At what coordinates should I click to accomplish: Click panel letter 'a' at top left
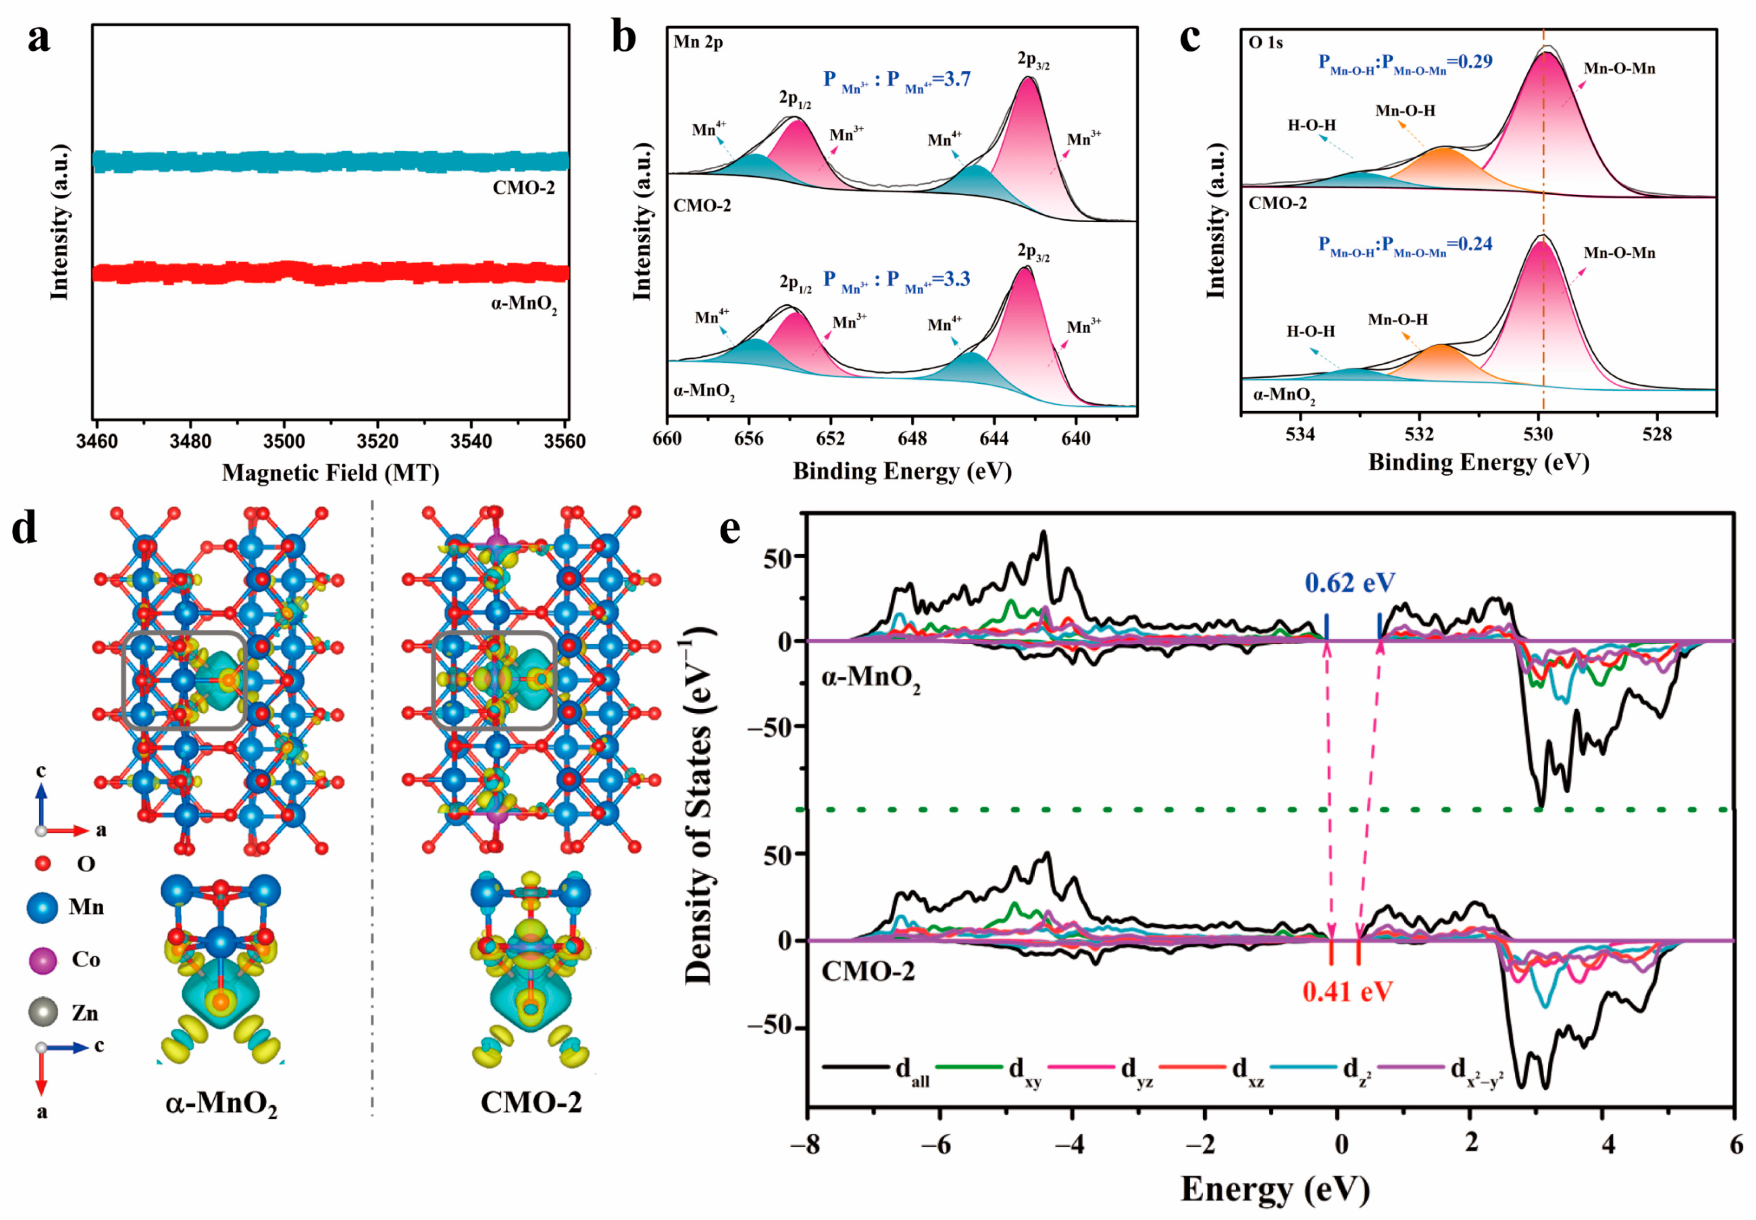click(38, 38)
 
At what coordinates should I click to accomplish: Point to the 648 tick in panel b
click(912, 438)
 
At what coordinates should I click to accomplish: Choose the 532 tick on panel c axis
click(1419, 434)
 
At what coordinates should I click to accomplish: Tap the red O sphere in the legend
click(43, 864)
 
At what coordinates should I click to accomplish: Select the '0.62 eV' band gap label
click(1349, 583)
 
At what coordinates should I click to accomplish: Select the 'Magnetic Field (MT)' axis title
click(330, 473)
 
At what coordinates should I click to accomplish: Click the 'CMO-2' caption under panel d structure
click(531, 1102)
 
